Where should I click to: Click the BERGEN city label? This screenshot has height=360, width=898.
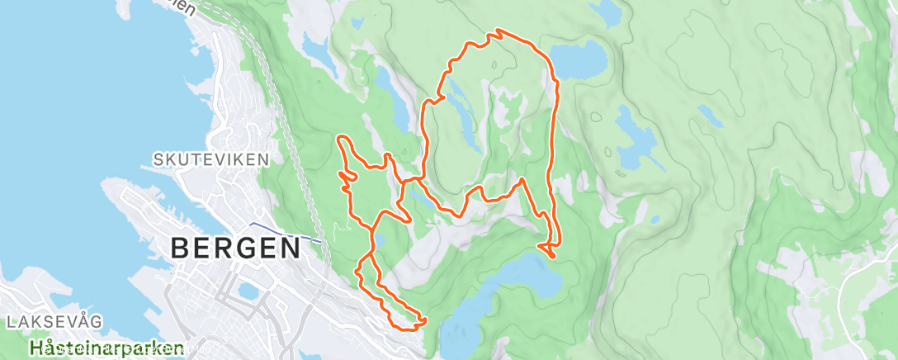(x=234, y=247)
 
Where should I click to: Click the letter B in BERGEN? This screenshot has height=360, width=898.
(x=181, y=247)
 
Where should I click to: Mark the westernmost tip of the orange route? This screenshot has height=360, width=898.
(x=338, y=137)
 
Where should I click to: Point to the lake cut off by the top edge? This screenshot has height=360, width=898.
(x=607, y=10)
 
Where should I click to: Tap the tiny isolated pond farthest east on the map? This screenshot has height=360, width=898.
(x=705, y=111)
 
